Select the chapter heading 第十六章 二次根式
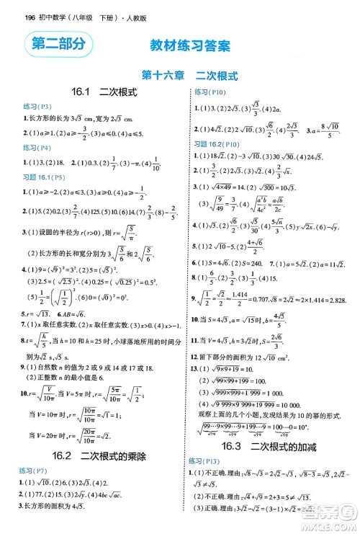pos(180,74)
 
